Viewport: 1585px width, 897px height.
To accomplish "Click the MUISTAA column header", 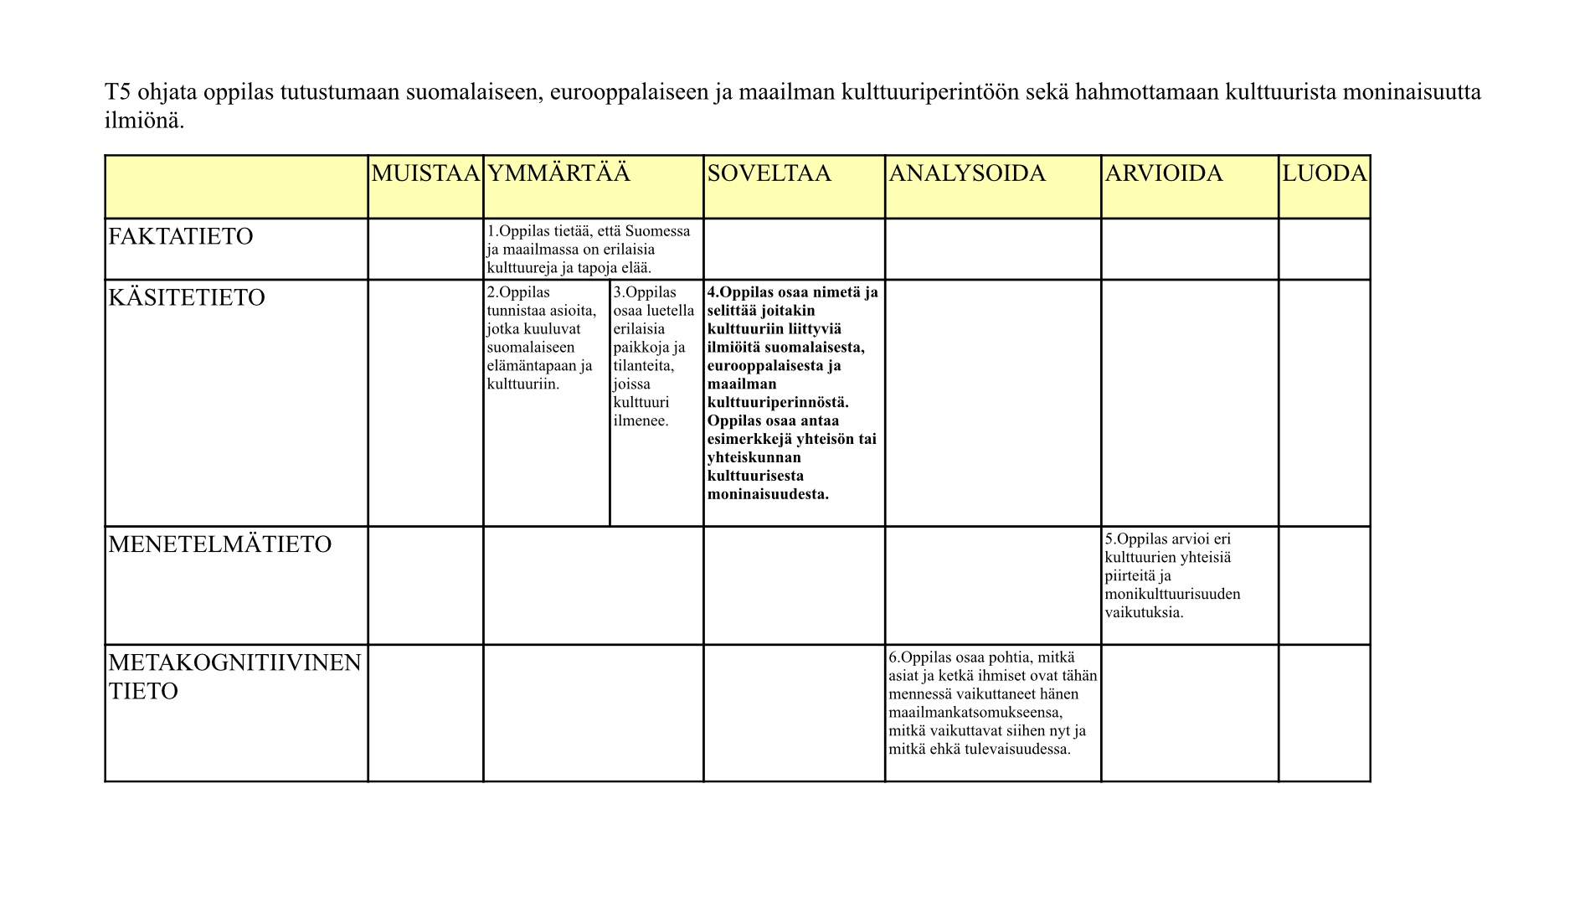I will coord(425,173).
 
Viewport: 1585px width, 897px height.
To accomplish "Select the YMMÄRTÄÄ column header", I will coord(558,173).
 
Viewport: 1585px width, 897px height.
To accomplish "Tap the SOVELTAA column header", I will coord(769,173).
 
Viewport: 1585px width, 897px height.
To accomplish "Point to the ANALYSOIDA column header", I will coord(967,173).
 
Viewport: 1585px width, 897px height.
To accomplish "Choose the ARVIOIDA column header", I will coord(1164,173).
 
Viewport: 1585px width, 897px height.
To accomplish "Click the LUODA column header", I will coord(1324,173).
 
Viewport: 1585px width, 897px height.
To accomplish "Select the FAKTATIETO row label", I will coord(181,236).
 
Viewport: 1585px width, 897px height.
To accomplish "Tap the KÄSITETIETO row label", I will coord(187,297).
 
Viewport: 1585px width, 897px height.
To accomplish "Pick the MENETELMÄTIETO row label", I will coord(220,544).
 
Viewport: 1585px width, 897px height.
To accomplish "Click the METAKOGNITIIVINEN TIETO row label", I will coord(234,677).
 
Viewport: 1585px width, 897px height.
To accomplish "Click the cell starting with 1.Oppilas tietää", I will coord(589,249).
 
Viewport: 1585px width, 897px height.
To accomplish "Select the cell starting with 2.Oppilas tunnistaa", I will coord(542,338).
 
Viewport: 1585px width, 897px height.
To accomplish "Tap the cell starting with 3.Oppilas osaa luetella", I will coord(654,356).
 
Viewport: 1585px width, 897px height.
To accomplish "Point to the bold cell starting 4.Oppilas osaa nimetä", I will coord(792,393).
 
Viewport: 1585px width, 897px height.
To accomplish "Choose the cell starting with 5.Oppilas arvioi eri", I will coord(1172,575).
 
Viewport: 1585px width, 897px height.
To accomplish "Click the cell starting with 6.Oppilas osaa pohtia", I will coord(992,704).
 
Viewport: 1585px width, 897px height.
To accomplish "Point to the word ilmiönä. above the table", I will coord(144,121).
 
